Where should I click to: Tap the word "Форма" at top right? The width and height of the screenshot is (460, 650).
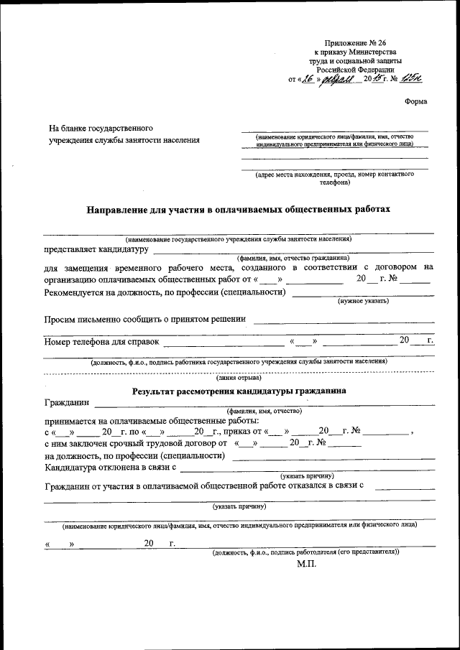click(415, 101)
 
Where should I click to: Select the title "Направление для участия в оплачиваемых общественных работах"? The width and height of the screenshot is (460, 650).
click(239, 210)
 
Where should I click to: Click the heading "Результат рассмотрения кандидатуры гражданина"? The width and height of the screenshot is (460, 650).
click(239, 391)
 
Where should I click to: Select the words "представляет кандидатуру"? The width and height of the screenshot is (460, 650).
click(96, 249)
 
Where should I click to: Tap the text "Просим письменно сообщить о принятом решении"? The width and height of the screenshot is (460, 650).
click(144, 318)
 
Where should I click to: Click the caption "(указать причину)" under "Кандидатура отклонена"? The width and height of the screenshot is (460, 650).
click(307, 475)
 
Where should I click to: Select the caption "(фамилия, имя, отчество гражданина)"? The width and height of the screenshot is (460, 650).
click(294, 257)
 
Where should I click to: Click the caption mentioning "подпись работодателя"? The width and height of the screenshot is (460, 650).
click(305, 551)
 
